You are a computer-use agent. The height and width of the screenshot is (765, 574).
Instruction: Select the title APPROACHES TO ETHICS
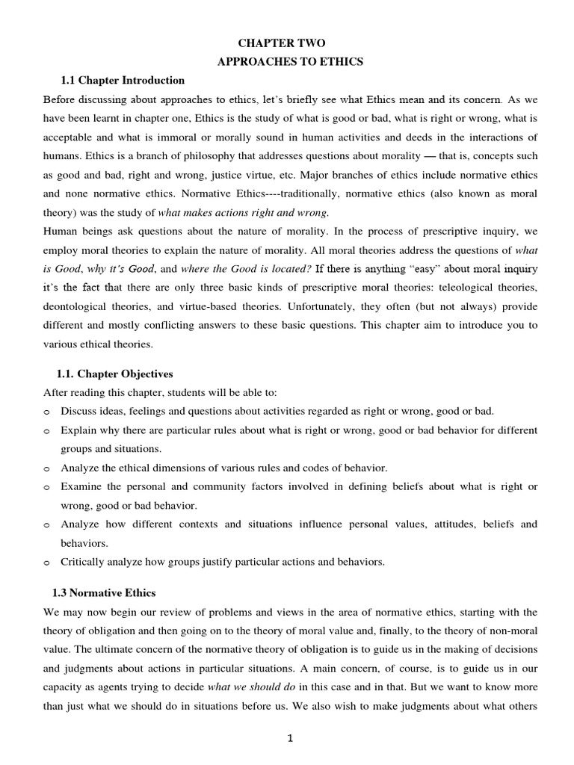pos(290,62)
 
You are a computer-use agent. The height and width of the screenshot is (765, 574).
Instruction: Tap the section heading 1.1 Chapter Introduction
pos(122,80)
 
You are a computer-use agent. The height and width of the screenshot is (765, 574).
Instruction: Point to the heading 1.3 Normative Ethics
pos(104,592)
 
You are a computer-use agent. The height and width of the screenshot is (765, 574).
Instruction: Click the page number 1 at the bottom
pos(291,739)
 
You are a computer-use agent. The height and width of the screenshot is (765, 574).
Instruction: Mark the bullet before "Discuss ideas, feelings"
pos(47,412)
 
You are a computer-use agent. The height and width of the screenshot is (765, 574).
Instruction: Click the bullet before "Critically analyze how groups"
pos(47,563)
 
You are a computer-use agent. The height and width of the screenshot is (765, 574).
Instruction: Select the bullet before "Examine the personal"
pos(47,487)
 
